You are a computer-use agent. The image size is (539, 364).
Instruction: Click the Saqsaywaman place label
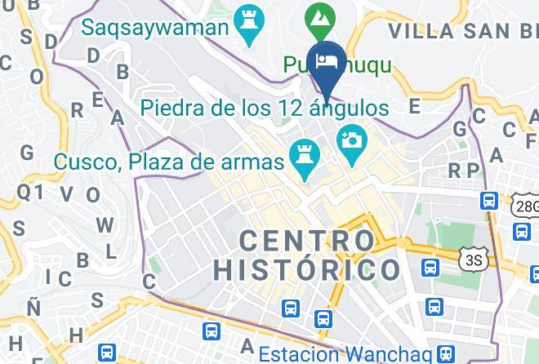click(154, 28)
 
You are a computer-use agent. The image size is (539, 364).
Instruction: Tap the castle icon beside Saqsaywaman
click(245, 18)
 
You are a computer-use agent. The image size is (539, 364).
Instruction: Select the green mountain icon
click(318, 16)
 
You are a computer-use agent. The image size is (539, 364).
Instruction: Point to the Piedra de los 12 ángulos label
click(263, 107)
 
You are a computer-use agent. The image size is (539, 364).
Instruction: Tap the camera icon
click(352, 139)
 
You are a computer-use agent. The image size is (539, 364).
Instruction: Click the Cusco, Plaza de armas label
click(169, 161)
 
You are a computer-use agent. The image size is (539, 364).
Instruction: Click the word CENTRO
click(306, 241)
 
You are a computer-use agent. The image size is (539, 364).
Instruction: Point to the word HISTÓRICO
click(306, 269)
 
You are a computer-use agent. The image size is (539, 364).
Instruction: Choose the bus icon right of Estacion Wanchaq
click(446, 354)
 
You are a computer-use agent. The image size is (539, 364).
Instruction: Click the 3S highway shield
click(471, 259)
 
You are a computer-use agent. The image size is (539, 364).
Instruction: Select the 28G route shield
click(527, 206)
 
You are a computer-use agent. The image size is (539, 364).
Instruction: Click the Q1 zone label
click(30, 192)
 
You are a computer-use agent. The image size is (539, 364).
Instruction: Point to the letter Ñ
click(33, 308)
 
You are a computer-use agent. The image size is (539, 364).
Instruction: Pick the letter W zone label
click(105, 225)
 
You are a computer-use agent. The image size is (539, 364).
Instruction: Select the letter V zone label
click(66, 193)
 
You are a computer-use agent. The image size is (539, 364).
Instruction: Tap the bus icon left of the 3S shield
click(428, 267)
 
